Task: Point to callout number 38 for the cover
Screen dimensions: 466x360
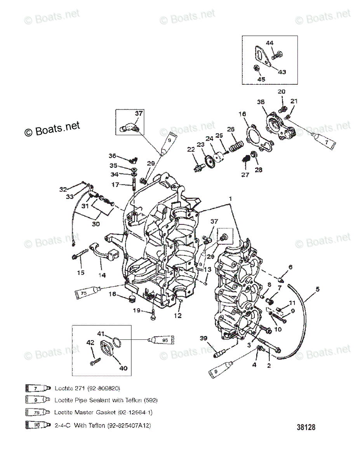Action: click(x=261, y=103)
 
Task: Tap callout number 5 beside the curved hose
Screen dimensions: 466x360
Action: click(x=317, y=289)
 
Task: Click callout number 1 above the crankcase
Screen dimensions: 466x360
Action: click(x=231, y=198)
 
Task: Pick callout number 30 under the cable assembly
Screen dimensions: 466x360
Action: click(x=95, y=224)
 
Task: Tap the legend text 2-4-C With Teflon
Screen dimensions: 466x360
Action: click(x=103, y=425)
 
